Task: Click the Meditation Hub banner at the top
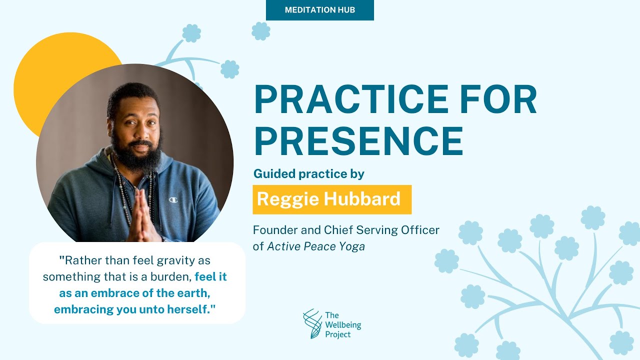point(320,10)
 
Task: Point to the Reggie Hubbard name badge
point(332,199)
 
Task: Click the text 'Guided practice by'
point(308,174)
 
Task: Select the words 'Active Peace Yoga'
point(316,246)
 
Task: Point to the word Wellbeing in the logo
point(342,325)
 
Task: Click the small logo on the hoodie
point(173,199)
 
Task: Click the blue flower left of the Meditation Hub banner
point(260,31)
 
